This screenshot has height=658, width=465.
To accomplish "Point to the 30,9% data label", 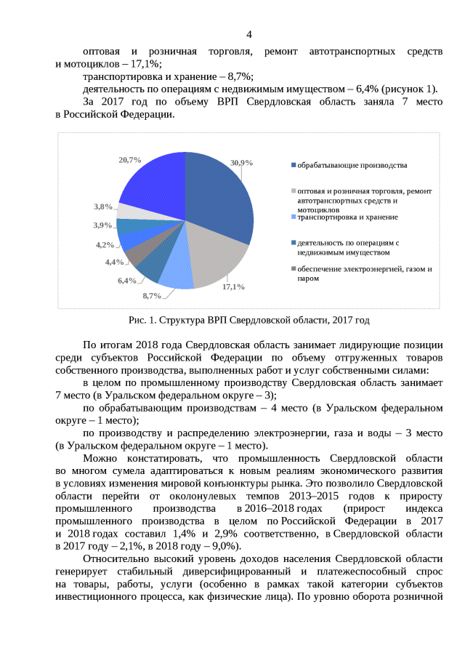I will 241,163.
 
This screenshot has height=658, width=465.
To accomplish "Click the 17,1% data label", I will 233,286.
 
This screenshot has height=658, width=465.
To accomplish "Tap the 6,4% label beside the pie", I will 127,281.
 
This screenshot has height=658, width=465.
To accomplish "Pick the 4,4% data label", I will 114,262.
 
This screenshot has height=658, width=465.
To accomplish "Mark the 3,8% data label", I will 103,206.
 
